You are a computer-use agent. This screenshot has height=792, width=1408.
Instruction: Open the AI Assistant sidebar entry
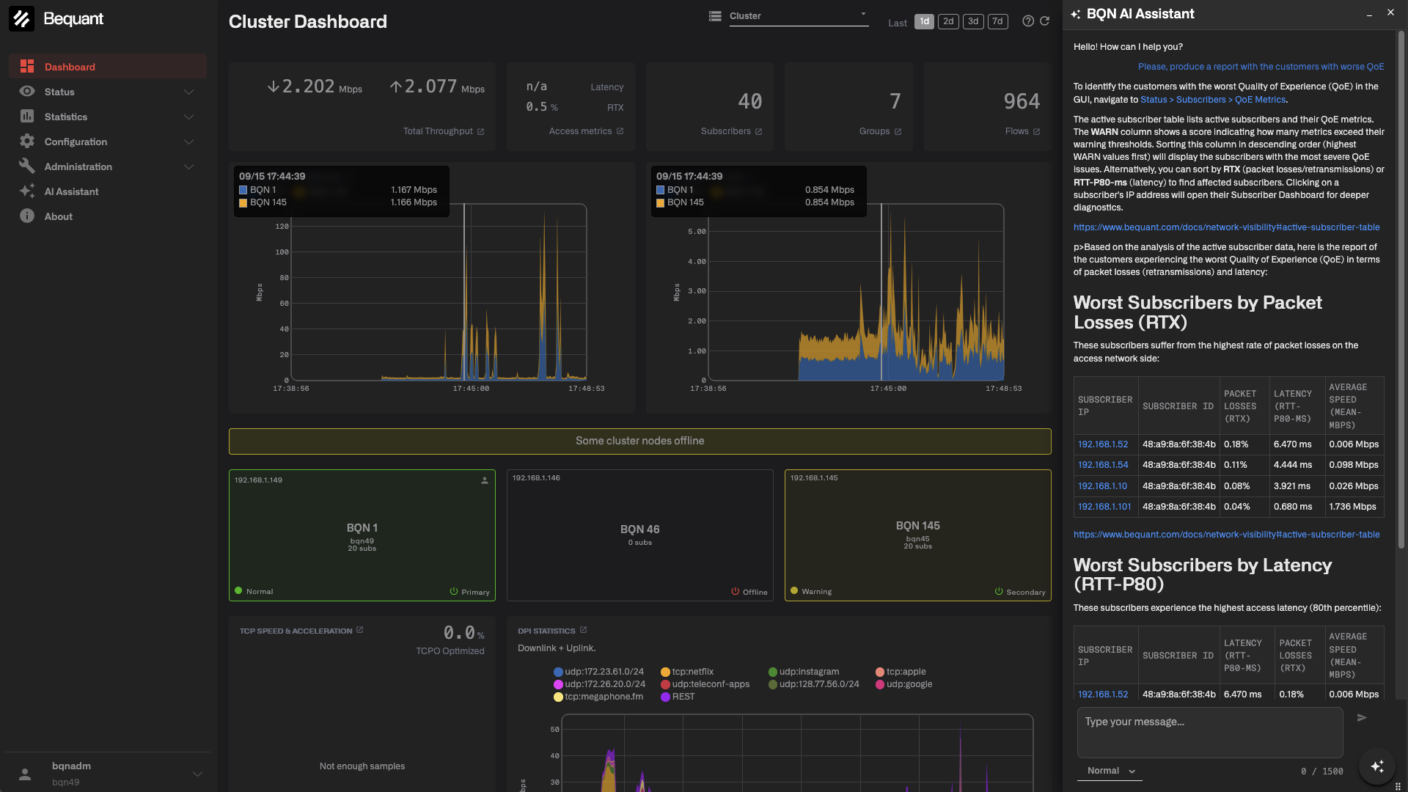click(70, 191)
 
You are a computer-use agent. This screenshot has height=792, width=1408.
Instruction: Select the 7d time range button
click(997, 21)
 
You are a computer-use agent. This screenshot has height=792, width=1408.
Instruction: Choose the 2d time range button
click(948, 21)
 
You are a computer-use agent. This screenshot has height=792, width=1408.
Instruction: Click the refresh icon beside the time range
click(1045, 21)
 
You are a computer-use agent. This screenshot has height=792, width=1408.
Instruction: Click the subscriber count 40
click(750, 101)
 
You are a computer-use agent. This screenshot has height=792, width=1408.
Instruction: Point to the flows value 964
click(1022, 101)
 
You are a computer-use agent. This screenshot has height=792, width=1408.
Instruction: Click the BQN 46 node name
click(639, 529)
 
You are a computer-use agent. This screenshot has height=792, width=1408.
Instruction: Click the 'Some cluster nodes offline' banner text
click(639, 441)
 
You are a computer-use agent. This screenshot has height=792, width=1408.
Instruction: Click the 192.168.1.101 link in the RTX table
click(1104, 507)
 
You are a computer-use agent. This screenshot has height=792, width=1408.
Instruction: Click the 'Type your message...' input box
click(1210, 732)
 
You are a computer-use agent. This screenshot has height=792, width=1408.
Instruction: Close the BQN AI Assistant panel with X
click(1390, 12)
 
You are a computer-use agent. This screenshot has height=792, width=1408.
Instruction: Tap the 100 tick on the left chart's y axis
click(282, 252)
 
